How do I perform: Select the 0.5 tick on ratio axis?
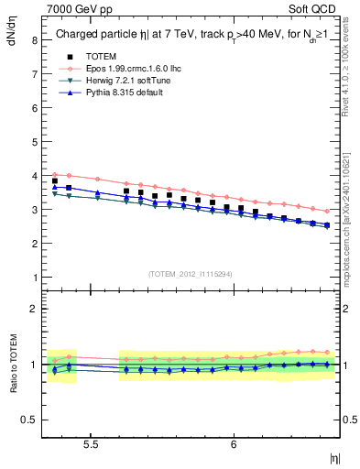click(29, 420)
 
